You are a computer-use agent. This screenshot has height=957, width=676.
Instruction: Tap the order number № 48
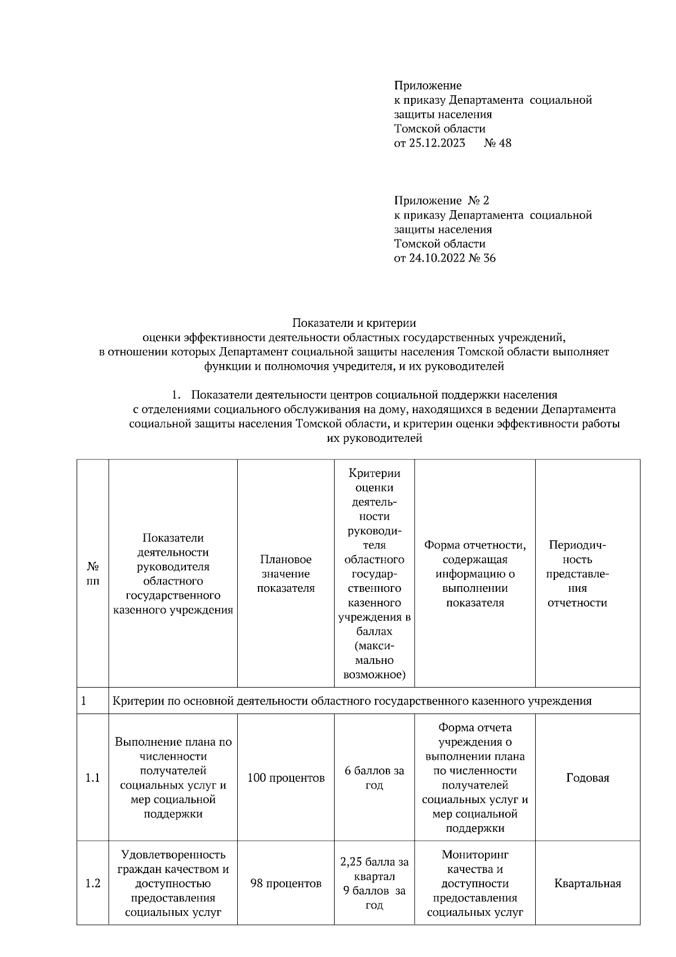click(497, 143)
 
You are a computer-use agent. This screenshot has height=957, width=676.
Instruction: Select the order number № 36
click(482, 259)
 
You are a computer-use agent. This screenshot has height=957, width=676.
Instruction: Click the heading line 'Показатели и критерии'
click(354, 324)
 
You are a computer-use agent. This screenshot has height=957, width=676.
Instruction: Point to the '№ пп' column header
click(93, 574)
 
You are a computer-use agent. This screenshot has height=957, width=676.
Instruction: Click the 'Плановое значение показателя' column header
click(286, 574)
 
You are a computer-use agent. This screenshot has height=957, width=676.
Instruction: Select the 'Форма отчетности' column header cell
click(475, 574)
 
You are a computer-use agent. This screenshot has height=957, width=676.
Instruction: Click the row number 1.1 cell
click(93, 778)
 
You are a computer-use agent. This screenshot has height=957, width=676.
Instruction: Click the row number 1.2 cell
click(93, 883)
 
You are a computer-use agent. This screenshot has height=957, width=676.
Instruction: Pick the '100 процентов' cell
click(286, 778)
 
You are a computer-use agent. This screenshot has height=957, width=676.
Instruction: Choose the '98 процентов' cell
click(286, 883)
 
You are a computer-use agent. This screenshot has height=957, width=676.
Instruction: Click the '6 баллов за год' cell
click(374, 778)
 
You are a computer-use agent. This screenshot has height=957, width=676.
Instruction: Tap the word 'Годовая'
click(588, 778)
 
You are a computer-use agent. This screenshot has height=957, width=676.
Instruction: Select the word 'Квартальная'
click(588, 883)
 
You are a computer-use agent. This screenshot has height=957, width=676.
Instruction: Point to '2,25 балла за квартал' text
click(374, 869)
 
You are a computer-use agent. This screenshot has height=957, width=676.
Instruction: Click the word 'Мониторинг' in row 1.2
click(475, 854)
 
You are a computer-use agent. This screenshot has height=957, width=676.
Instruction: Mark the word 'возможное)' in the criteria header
click(374, 674)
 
